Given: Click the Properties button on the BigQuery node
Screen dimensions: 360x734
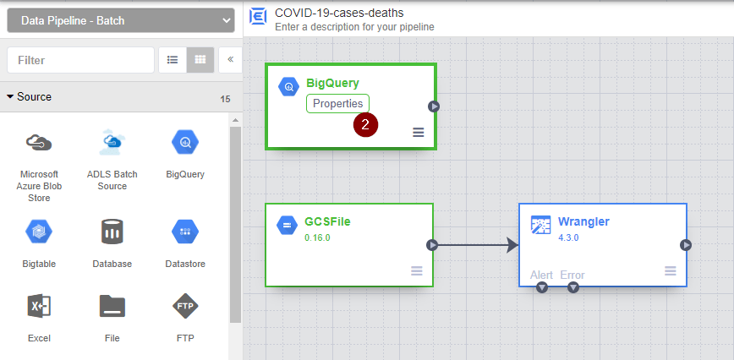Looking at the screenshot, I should tap(337, 104).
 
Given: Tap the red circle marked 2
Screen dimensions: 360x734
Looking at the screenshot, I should tap(365, 124).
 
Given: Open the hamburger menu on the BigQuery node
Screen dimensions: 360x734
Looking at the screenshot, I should tap(418, 132).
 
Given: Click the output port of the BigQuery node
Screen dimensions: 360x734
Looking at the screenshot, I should tap(433, 106).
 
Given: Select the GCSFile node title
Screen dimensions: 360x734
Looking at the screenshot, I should tap(327, 221).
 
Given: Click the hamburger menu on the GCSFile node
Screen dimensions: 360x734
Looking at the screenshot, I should tap(417, 270).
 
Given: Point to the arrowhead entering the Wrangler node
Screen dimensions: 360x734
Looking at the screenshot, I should tap(511, 245).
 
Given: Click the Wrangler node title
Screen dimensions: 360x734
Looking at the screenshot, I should tap(583, 221).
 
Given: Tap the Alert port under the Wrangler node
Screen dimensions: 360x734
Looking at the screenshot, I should tap(542, 288).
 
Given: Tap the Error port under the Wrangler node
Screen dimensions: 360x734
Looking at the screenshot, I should tap(573, 288).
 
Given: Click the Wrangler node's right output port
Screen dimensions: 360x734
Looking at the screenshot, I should tap(686, 245).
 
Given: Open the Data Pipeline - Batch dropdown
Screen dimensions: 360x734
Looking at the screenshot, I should tap(120, 20).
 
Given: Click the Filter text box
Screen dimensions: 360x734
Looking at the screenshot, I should tap(80, 60).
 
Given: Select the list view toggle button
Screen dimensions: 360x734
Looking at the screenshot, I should tap(173, 60).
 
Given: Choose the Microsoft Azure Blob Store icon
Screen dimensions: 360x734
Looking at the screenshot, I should tap(39, 143).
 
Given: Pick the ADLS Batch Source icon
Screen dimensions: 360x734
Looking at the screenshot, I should tap(112, 142).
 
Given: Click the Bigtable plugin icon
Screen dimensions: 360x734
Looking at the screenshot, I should tap(39, 231).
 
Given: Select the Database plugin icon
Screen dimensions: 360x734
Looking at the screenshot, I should tap(112, 231).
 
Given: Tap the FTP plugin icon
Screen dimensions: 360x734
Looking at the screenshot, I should tap(185, 305).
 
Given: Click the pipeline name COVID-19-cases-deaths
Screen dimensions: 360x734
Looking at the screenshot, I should tap(339, 12).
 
